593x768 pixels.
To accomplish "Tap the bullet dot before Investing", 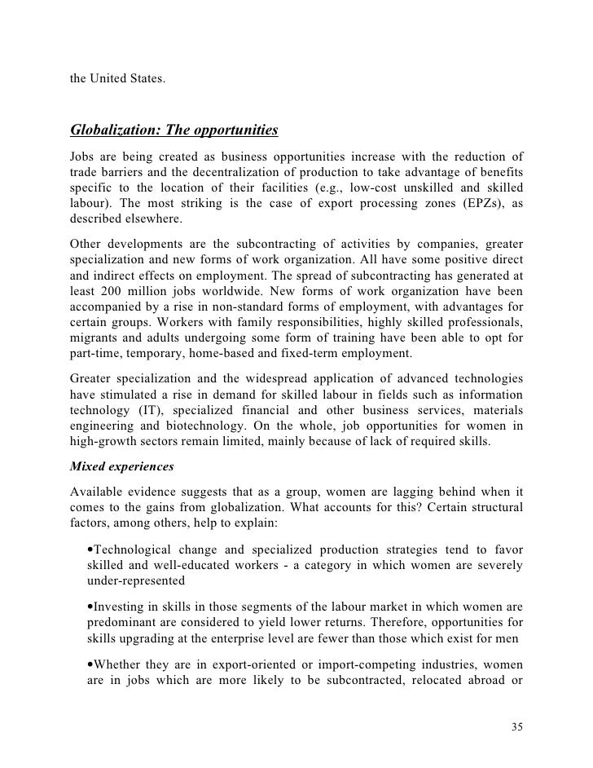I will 89,607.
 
